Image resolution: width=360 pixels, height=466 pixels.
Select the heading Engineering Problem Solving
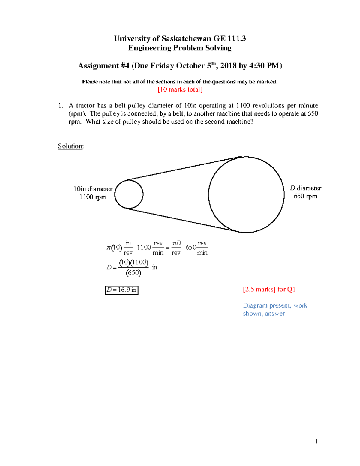point(180,48)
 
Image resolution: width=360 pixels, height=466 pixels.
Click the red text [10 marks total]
point(180,89)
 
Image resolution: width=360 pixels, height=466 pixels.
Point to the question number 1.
point(60,106)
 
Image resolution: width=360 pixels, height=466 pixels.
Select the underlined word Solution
point(70,146)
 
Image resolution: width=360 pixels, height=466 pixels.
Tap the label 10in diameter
point(93,189)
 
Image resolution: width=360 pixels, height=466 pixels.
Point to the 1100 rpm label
point(93,197)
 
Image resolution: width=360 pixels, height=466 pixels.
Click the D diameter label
point(305,188)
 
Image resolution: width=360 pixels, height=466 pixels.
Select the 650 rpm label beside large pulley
point(305,196)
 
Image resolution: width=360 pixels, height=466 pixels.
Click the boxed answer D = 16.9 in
point(121,290)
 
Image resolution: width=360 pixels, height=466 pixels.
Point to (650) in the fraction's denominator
point(133,273)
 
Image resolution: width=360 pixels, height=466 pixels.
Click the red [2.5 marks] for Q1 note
point(269,289)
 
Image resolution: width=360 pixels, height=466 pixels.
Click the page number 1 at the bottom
point(316,441)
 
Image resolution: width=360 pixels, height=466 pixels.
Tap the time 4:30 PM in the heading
point(265,66)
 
